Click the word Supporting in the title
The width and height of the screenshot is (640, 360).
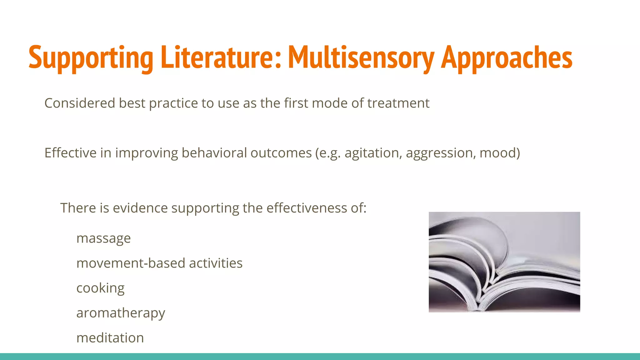pyautogui.click(x=91, y=58)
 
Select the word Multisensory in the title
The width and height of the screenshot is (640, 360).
pyautogui.click(x=361, y=58)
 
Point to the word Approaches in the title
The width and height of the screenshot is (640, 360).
pyautogui.click(x=507, y=58)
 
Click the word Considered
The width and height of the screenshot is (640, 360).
pyautogui.click(x=80, y=103)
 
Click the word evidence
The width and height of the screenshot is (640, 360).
pyautogui.click(x=140, y=208)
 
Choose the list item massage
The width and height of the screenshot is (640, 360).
pyautogui.click(x=103, y=238)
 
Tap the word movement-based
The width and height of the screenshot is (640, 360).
pyautogui.click(x=131, y=263)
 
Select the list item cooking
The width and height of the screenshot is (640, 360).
pyautogui.click(x=100, y=288)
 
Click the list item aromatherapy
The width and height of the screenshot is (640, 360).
pyautogui.click(x=121, y=313)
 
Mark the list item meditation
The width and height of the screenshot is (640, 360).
pyautogui.click(x=110, y=338)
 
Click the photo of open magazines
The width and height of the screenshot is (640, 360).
pyautogui.click(x=504, y=262)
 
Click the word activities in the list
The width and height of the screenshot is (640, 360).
pyautogui.click(x=216, y=263)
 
